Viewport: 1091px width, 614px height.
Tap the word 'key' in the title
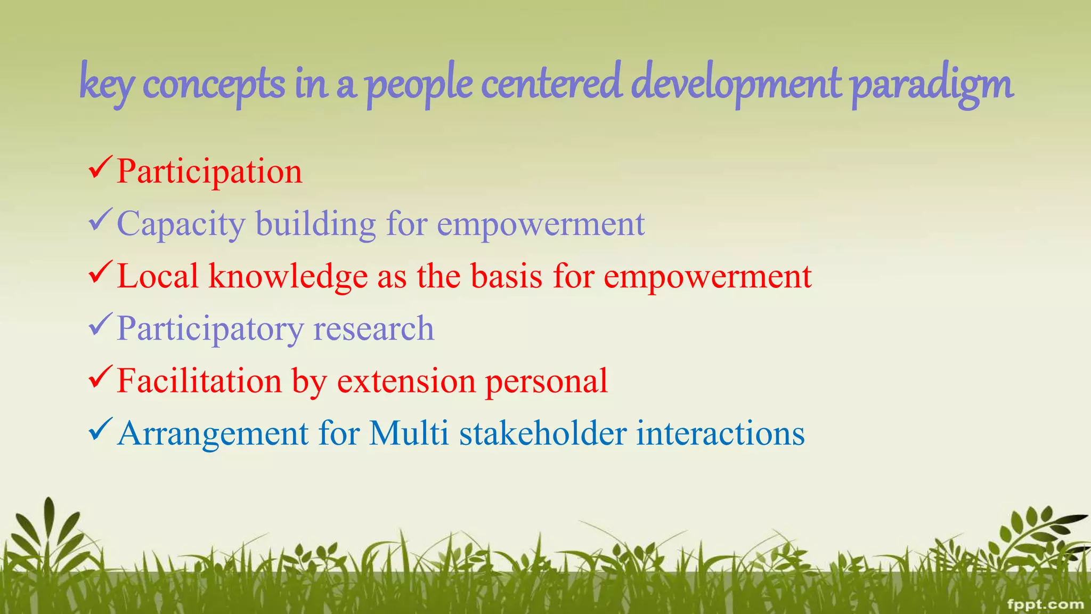pyautogui.click(x=107, y=85)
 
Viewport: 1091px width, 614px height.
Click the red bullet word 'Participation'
pyautogui.click(x=209, y=172)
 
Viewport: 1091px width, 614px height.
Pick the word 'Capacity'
pyautogui.click(x=181, y=224)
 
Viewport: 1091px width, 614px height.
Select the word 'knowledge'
pyautogui.click(x=288, y=276)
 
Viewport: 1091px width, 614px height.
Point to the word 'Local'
pyautogui.click(x=158, y=276)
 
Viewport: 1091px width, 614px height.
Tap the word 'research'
pyautogui.click(x=373, y=328)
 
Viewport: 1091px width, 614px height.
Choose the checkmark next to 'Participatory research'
pyautogui.click(x=100, y=325)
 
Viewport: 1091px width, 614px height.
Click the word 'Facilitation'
pyautogui.click(x=199, y=381)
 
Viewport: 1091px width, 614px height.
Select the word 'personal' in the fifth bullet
pyautogui.click(x=547, y=382)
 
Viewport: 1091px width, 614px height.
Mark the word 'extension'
pyautogui.click(x=406, y=381)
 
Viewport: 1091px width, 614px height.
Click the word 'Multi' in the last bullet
pyautogui.click(x=409, y=433)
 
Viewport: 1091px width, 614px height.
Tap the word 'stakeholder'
pyautogui.click(x=543, y=433)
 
